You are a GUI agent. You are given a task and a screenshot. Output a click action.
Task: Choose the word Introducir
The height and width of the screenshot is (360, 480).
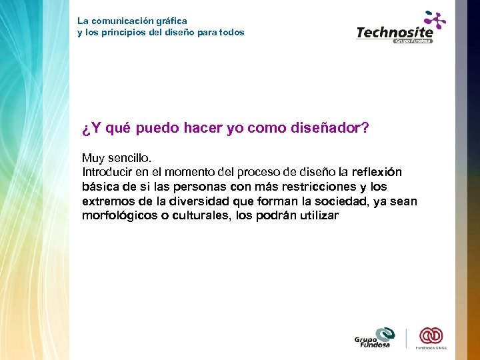(107, 172)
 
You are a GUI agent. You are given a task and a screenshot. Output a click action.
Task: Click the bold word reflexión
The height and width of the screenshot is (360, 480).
(377, 172)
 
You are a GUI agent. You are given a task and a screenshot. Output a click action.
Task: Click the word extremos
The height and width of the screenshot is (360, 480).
(105, 201)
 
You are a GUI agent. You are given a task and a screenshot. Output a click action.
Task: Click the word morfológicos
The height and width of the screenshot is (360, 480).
(117, 215)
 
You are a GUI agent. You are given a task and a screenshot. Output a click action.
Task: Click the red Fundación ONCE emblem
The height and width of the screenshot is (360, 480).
(431, 335)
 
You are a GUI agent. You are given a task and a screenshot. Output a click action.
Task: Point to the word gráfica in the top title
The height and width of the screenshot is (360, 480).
(169, 21)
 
